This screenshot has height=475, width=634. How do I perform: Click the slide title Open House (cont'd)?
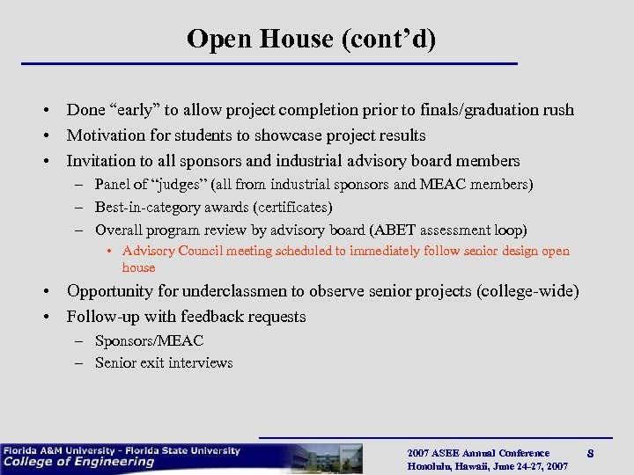311,40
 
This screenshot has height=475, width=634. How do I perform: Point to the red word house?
138,267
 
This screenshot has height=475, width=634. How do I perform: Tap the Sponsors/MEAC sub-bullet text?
149,340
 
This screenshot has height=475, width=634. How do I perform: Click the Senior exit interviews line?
164,362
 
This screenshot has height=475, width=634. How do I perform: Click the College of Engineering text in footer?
79,462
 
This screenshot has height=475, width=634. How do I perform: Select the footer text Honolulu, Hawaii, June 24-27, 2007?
487,466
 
